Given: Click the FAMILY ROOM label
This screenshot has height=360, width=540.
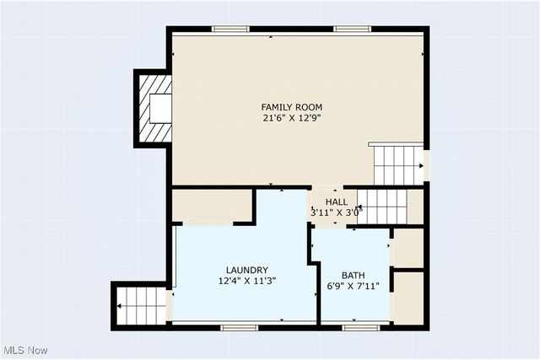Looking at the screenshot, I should pyautogui.click(x=291, y=107).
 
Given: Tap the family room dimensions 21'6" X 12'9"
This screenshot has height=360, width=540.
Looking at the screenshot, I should pyautogui.click(x=291, y=118).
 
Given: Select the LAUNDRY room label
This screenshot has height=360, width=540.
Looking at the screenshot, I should pyautogui.click(x=247, y=270).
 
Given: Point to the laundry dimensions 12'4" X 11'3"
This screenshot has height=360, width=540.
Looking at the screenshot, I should pyautogui.click(x=247, y=281).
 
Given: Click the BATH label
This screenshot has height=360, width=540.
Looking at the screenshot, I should pyautogui.click(x=353, y=276).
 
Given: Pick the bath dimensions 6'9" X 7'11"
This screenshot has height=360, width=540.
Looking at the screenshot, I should pyautogui.click(x=353, y=287).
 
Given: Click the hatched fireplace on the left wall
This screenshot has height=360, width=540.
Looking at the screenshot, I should pyautogui.click(x=154, y=108).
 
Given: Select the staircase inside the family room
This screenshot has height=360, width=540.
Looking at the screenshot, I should pyautogui.click(x=397, y=164).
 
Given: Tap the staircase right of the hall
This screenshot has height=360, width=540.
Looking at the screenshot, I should pyautogui.click(x=383, y=206).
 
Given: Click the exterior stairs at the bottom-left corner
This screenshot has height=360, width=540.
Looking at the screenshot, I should pyautogui.click(x=142, y=305).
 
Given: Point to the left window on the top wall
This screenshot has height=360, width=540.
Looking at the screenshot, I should pyautogui.click(x=230, y=29).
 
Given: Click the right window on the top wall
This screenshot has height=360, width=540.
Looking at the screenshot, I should pyautogui.click(x=352, y=29).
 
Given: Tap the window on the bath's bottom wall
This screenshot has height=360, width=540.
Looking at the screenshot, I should pyautogui.click(x=359, y=326).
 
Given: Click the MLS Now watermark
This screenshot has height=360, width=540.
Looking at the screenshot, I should pyautogui.click(x=24, y=350).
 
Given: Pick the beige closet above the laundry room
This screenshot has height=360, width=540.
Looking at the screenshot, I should pyautogui.click(x=212, y=206).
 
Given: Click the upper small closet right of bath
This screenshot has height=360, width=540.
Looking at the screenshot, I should pyautogui.click(x=408, y=247).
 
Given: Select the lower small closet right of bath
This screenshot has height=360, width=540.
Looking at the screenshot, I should pyautogui.click(x=408, y=297).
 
